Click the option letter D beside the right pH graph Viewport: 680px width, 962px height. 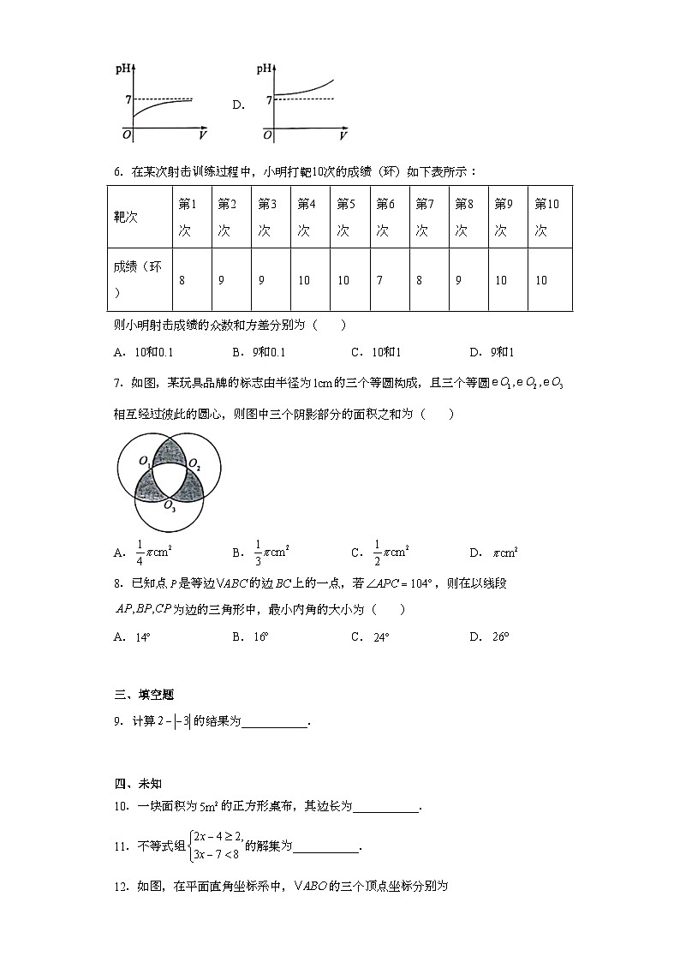tap(238, 105)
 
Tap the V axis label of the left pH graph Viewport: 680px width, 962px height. tap(202, 135)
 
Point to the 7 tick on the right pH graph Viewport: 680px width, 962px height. tap(269, 100)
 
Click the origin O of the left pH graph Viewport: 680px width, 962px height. tap(126, 135)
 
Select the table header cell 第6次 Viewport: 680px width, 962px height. tap(385, 217)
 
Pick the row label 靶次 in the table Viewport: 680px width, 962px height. tap(125, 218)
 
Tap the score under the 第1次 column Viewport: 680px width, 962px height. tap(182, 280)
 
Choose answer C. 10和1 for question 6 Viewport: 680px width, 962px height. tap(376, 352)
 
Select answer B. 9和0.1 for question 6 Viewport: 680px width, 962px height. tap(259, 352)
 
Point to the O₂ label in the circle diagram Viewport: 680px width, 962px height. tap(195, 466)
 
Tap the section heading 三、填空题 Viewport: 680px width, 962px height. tap(143, 695)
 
